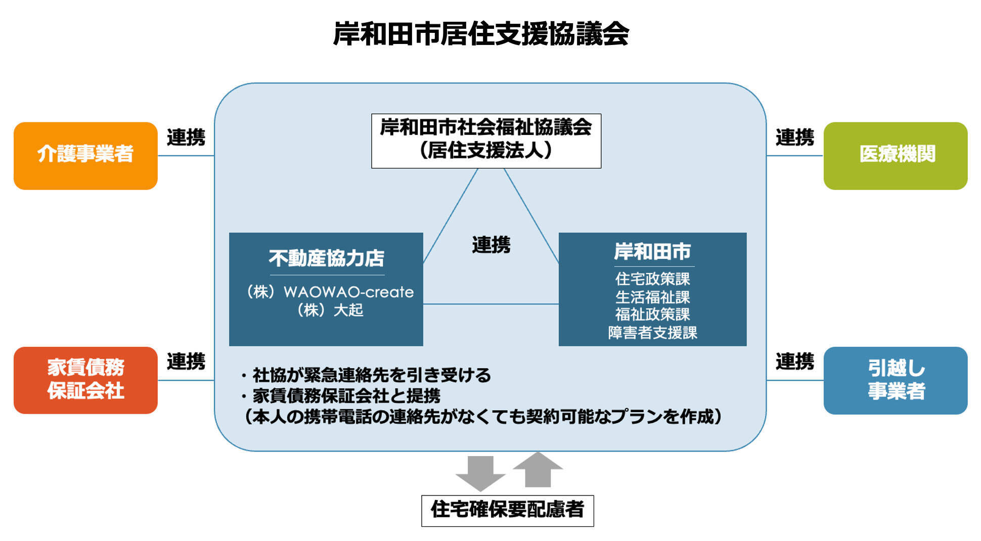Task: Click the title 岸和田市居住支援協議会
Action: pyautogui.click(x=480, y=34)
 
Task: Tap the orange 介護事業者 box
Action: pyautogui.click(x=85, y=155)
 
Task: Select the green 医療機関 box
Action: pyautogui.click(x=895, y=155)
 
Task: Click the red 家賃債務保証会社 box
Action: pyautogui.click(x=85, y=380)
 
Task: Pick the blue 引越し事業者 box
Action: pyautogui.click(x=895, y=380)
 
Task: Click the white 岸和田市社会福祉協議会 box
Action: pyautogui.click(x=486, y=140)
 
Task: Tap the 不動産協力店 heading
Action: pyautogui.click(x=326, y=258)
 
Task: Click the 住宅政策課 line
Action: pyautogui.click(x=652, y=279)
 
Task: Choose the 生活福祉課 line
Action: pyautogui.click(x=652, y=297)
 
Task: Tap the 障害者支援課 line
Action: pyautogui.click(x=652, y=333)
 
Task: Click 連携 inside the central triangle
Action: pyautogui.click(x=491, y=245)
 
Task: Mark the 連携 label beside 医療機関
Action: pyautogui.click(x=794, y=138)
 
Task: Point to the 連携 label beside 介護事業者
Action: pyautogui.click(x=186, y=138)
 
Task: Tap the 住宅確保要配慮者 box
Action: pyautogui.click(x=507, y=510)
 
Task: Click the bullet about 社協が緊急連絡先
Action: pyautogui.click(x=366, y=375)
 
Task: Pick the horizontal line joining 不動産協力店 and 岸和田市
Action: pyautogui.click(x=490, y=304)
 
